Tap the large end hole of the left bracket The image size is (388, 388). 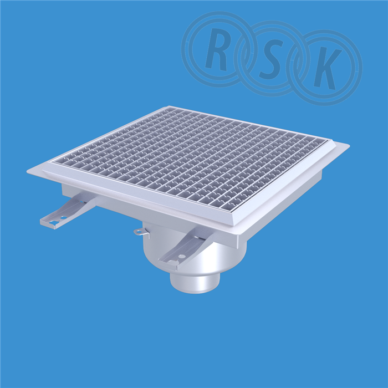click(x=53, y=222)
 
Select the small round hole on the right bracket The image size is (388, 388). click(x=182, y=256)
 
